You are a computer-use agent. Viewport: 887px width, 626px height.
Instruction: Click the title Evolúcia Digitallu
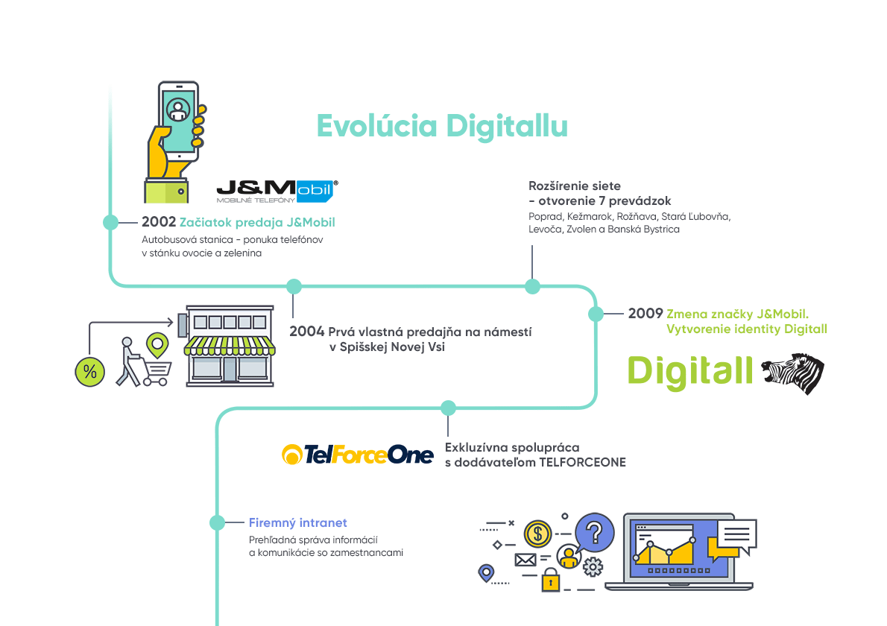(442, 126)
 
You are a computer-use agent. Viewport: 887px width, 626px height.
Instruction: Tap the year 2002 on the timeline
(159, 222)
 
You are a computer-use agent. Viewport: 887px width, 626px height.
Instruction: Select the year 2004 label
(307, 332)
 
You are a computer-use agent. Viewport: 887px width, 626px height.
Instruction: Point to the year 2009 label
(645, 314)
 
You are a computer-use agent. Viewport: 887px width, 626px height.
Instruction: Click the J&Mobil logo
(277, 192)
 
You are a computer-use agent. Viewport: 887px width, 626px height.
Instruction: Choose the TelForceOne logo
(358, 454)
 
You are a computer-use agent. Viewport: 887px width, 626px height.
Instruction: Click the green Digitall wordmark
(689, 371)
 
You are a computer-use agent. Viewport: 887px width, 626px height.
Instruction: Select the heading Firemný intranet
(298, 523)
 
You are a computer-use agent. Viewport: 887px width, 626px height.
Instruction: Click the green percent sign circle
(89, 372)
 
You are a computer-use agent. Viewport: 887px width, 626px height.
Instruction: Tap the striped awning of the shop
(229, 344)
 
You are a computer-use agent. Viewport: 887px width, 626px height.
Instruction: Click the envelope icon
(525, 560)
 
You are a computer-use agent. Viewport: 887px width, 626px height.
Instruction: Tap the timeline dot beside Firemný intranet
(217, 523)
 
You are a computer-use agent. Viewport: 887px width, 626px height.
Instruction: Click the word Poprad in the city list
(545, 216)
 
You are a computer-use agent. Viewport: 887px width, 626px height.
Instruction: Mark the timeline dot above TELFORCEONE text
(448, 408)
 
